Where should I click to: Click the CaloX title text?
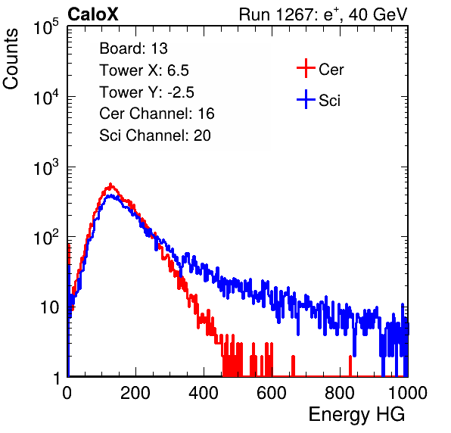pos(92,14)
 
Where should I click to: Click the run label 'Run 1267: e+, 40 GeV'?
pos(323,14)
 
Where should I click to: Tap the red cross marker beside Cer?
pos(306,68)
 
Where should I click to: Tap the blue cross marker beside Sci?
pos(306,99)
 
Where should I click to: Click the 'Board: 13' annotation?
pos(133,48)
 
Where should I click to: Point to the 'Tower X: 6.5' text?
pos(144,70)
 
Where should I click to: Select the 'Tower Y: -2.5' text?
pos(147,92)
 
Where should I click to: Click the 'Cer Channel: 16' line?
pos(157,114)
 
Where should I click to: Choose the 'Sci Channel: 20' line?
pos(155,136)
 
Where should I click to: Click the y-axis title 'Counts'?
pos(11,59)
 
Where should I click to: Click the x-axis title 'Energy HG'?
pos(356,415)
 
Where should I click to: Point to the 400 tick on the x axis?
pos(204,393)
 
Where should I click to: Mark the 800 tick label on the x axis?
pos(340,393)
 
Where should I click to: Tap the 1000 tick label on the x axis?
pos(408,393)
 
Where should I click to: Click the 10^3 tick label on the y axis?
pos(46,167)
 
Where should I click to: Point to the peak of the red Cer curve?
pos(110,184)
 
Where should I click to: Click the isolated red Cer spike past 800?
pos(350,366)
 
